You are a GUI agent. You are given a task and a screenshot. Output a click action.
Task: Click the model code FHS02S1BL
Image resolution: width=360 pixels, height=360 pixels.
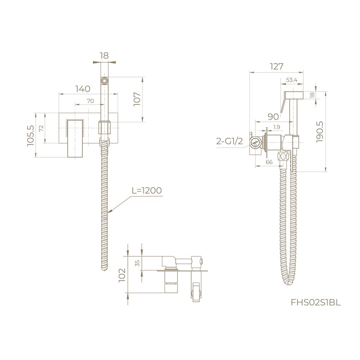(x=316, y=303)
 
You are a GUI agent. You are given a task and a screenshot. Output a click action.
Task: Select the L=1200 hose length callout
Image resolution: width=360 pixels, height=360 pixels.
(x=147, y=190)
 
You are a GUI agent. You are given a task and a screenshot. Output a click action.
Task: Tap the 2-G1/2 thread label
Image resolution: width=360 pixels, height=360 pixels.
(x=229, y=141)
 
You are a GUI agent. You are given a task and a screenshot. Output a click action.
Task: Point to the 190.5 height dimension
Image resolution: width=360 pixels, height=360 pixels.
(x=320, y=132)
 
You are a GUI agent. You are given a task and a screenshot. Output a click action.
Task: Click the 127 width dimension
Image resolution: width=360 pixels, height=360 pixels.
(x=276, y=66)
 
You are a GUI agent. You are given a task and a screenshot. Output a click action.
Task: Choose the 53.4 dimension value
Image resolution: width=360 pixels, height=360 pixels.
(x=292, y=80)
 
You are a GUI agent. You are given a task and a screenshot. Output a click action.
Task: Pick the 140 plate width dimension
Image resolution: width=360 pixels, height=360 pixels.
(x=83, y=89)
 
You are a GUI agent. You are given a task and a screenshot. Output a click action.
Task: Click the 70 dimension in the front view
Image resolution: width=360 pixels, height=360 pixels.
(x=90, y=101)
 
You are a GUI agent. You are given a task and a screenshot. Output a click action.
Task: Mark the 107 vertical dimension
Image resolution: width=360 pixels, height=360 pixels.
(x=137, y=99)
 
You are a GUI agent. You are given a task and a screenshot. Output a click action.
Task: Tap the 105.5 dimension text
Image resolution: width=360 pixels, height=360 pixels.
(x=30, y=135)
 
